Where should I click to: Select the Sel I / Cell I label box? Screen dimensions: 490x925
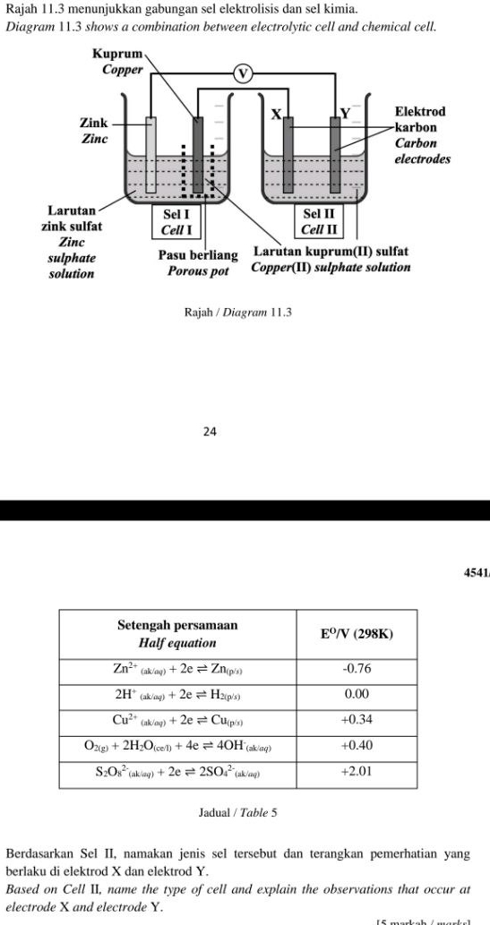click(x=175, y=222)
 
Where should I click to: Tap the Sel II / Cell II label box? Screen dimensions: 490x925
click(x=317, y=222)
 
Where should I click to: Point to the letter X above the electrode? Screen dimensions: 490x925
click(x=277, y=114)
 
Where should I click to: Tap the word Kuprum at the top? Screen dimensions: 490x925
click(x=116, y=55)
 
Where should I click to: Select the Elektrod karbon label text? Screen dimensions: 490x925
click(x=420, y=119)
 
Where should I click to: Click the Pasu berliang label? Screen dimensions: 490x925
click(x=198, y=256)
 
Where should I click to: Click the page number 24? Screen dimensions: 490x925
click(x=210, y=432)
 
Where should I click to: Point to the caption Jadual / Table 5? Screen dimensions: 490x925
click(x=237, y=813)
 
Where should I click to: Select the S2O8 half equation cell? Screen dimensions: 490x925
click(x=177, y=770)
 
